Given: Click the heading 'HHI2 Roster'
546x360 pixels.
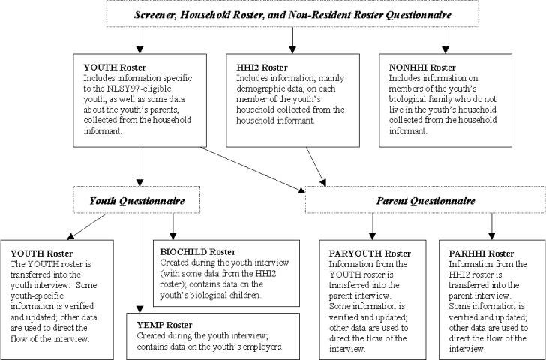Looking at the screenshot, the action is pyautogui.click(x=262, y=67).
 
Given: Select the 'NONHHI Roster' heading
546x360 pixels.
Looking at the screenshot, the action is pyautogui.click(x=422, y=67).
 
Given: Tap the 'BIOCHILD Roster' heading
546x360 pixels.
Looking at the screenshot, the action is pyautogui.click(x=198, y=252).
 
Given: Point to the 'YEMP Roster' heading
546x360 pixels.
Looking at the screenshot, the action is pyautogui.click(x=164, y=325).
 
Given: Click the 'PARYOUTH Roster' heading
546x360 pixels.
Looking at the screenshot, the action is pyautogui.click(x=370, y=253).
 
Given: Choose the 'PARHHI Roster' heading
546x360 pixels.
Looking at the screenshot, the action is pyautogui.click(x=481, y=253).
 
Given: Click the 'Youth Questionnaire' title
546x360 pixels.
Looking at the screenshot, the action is pyautogui.click(x=136, y=201).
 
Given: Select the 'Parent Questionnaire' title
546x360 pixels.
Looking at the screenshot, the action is pyautogui.click(x=425, y=201).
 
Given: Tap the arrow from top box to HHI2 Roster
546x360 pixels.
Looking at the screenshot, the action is pyautogui.click(x=292, y=40).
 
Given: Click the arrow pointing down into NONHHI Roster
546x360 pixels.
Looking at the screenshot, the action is pyautogui.click(x=445, y=40).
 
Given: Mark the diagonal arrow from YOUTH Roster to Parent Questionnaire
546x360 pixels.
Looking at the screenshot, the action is pyautogui.click(x=253, y=170).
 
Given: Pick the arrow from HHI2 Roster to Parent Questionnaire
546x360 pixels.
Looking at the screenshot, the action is pyautogui.click(x=316, y=166).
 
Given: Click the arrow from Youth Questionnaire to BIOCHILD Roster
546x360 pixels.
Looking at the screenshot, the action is pyautogui.click(x=173, y=226).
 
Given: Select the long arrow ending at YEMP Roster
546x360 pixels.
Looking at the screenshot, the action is pyautogui.click(x=139, y=262).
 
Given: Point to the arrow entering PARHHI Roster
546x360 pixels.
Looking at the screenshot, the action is pyautogui.click(x=491, y=226).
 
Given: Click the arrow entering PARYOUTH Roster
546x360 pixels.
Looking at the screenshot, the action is pyautogui.click(x=372, y=226).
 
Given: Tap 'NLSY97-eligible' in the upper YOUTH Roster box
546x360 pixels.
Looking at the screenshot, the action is pyautogui.click(x=139, y=88).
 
